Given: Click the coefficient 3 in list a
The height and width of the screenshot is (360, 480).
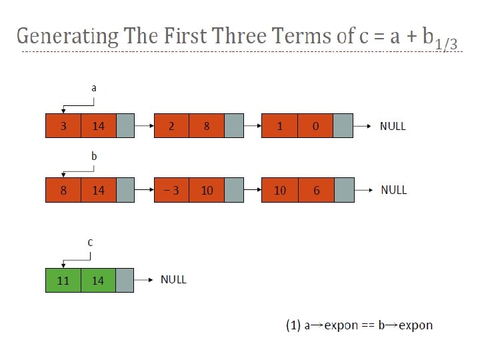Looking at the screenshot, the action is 63,126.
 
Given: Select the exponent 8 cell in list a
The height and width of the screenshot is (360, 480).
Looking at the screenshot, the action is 207,126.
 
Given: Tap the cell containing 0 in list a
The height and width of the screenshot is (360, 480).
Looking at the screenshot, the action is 316,126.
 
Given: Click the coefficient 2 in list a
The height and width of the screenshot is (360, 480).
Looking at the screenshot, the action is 171,126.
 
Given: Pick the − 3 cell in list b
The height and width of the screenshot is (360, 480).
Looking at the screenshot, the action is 171,190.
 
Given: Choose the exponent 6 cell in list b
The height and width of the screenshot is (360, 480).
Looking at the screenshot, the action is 316,190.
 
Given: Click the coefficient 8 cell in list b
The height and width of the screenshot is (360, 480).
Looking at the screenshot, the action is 63,190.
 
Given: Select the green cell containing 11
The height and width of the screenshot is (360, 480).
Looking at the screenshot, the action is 63,281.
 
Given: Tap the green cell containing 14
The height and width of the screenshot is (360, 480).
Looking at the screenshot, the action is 98,281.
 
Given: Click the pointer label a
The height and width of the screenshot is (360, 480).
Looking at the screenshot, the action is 93,87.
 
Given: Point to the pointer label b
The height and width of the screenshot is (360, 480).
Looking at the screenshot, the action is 94,155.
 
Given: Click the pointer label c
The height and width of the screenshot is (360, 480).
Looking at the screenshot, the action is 90,242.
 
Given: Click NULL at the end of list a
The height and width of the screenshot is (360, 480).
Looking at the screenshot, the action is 393,125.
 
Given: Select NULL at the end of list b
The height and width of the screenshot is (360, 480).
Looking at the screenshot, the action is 393,190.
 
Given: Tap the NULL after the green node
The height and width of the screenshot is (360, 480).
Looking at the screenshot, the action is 173,279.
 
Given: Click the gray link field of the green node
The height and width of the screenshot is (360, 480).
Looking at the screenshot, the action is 125,281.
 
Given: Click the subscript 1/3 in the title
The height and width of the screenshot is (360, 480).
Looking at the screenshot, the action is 445,44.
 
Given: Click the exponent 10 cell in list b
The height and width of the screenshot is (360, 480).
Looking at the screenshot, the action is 207,190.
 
